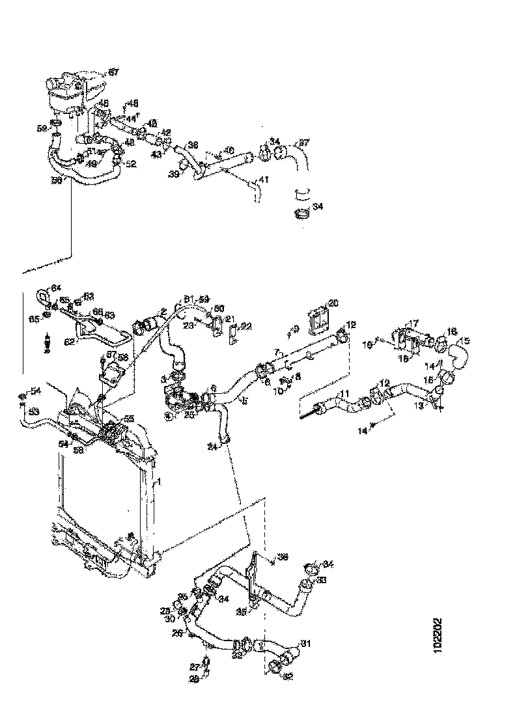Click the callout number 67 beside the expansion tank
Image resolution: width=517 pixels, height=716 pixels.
click(113, 72)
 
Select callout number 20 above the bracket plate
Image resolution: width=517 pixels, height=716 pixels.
click(333, 303)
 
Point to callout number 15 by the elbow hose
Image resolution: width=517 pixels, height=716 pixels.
click(464, 340)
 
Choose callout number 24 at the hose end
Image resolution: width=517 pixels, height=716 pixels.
click(212, 447)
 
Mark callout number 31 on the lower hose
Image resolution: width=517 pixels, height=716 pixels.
click(305, 644)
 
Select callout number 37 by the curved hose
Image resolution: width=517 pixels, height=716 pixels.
click(303, 143)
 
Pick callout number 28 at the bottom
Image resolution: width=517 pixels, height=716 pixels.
click(195, 679)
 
